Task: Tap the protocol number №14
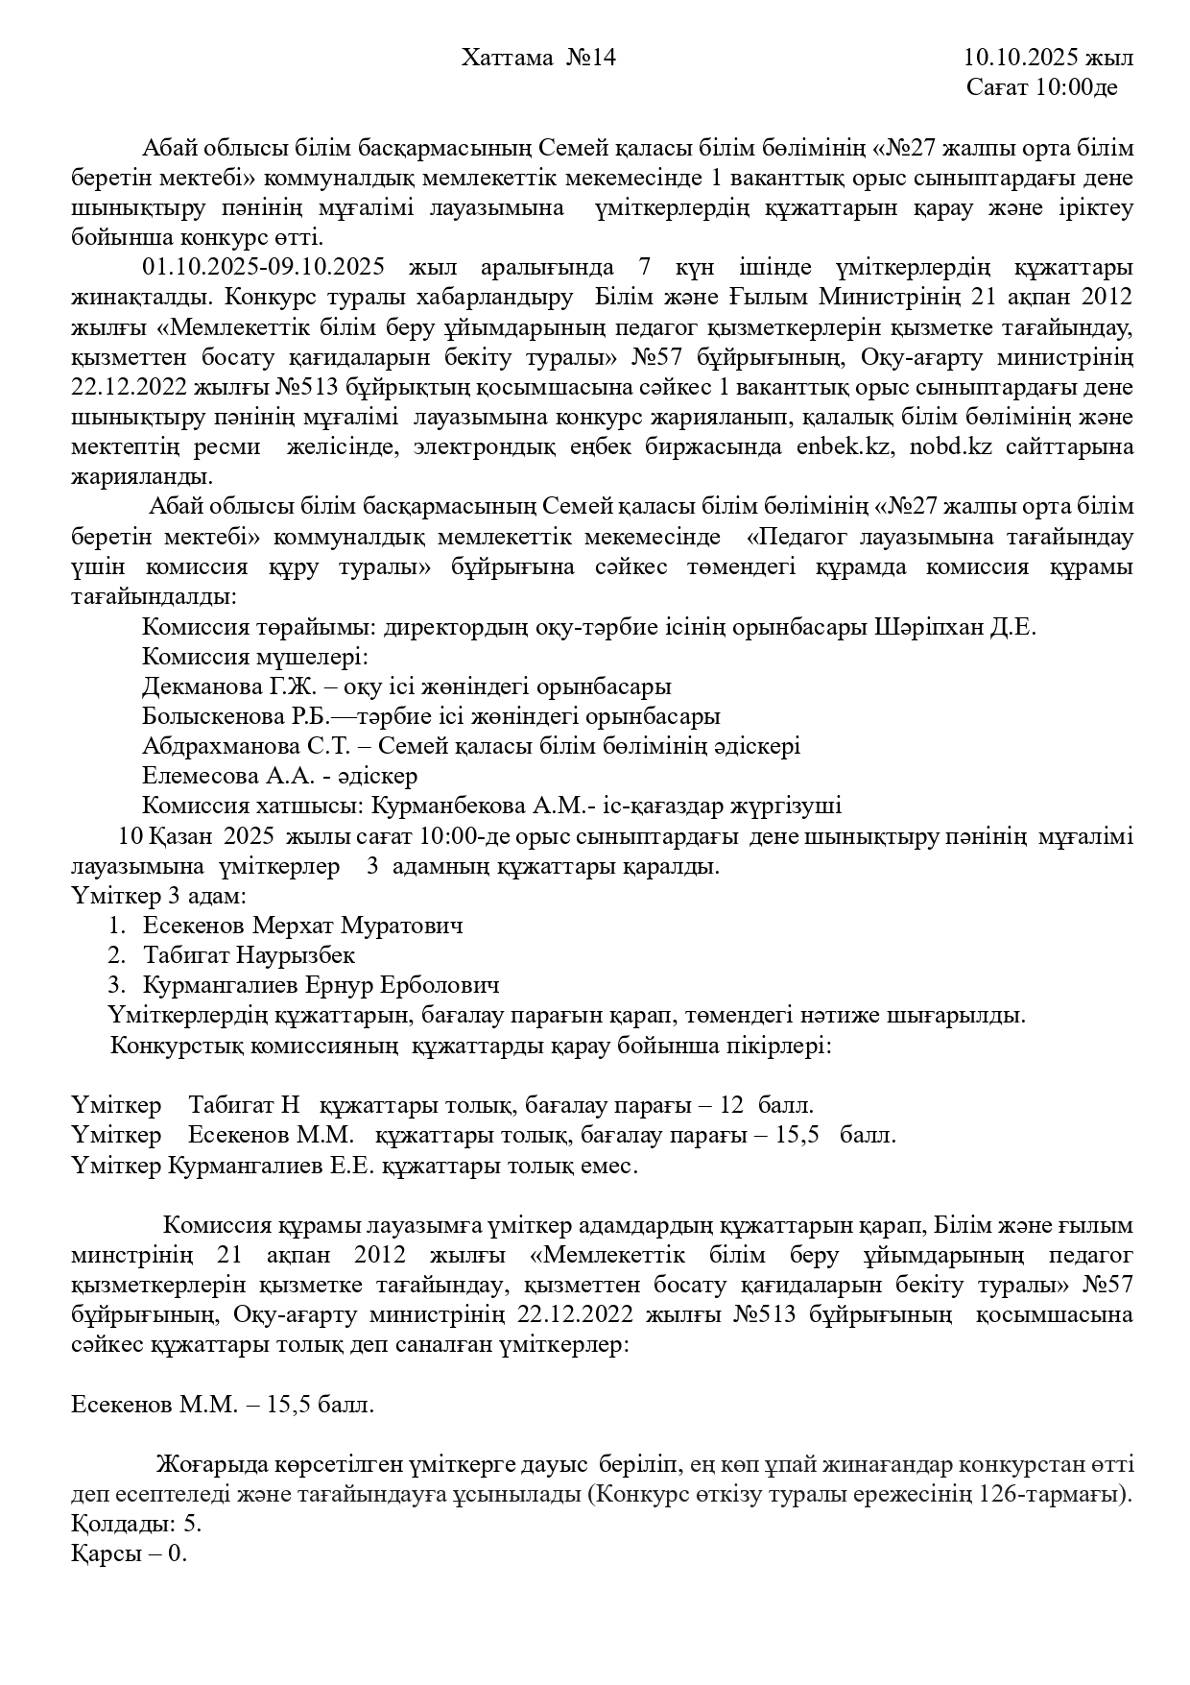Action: [x=590, y=59]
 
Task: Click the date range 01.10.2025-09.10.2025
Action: [x=264, y=268]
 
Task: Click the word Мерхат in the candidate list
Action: [x=288, y=927]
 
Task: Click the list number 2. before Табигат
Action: [x=116, y=956]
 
